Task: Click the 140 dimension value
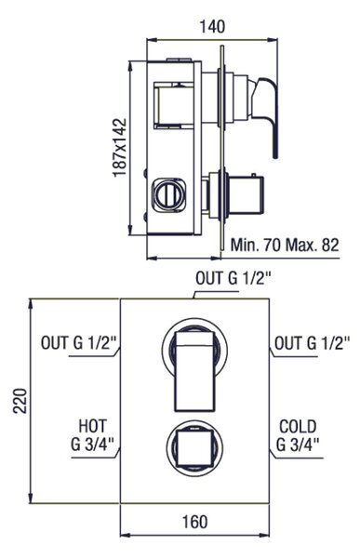click(x=212, y=27)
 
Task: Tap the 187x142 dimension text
click(x=120, y=147)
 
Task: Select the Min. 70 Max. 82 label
click(x=285, y=246)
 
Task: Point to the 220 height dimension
click(x=20, y=401)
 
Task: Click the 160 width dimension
click(x=194, y=522)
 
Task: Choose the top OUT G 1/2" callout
click(x=233, y=278)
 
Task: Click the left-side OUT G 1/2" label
click(x=79, y=343)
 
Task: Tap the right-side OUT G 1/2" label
click(x=313, y=343)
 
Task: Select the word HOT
click(x=93, y=426)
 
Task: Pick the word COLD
click(x=298, y=426)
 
